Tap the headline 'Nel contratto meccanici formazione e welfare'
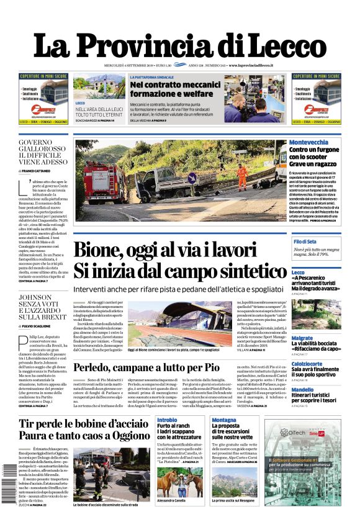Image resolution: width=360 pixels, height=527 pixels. point(171,88)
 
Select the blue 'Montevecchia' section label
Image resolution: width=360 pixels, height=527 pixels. point(309,142)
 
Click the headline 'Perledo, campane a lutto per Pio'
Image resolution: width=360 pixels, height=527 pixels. point(155,367)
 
